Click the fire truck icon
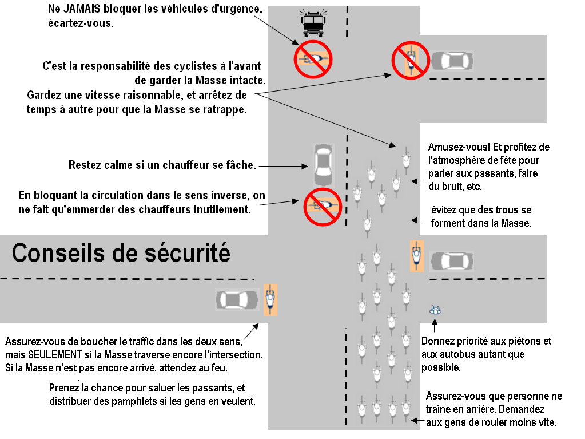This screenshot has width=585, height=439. point(313,24)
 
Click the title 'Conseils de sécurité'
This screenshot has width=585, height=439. point(121,252)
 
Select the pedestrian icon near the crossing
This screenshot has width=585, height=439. point(436,311)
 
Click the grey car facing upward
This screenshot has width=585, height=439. point(323,161)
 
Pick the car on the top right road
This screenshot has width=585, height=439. point(452,61)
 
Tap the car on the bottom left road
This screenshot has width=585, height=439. point(237,299)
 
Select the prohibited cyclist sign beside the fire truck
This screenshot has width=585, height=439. point(313,58)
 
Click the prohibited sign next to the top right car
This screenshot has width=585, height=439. point(411,60)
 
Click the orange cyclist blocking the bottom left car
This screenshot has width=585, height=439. point(270,299)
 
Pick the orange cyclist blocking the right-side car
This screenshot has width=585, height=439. point(417,256)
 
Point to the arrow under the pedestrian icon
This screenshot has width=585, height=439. point(435,327)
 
